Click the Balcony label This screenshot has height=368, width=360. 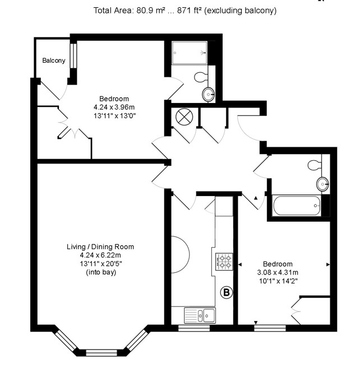point(54,60)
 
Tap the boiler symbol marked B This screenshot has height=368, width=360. point(227,292)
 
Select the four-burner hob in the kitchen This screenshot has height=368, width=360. point(224,262)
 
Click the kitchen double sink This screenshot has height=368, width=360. point(200,315)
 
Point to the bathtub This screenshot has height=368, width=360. point(297,206)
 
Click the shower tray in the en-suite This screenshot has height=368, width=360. point(190,53)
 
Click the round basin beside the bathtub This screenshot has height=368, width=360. point(322,184)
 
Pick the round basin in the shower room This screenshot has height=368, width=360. point(208,94)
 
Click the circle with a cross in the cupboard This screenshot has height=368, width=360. point(184,117)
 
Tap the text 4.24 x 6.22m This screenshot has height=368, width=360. point(100,255)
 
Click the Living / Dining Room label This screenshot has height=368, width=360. point(100,246)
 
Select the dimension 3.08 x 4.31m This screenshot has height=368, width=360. point(278,272)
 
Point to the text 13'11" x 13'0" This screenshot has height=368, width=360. point(115,116)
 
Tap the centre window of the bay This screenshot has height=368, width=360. point(101,353)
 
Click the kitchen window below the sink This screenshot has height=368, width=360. point(194,328)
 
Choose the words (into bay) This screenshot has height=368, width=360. point(101,272)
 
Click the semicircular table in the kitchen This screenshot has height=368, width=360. point(180,255)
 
